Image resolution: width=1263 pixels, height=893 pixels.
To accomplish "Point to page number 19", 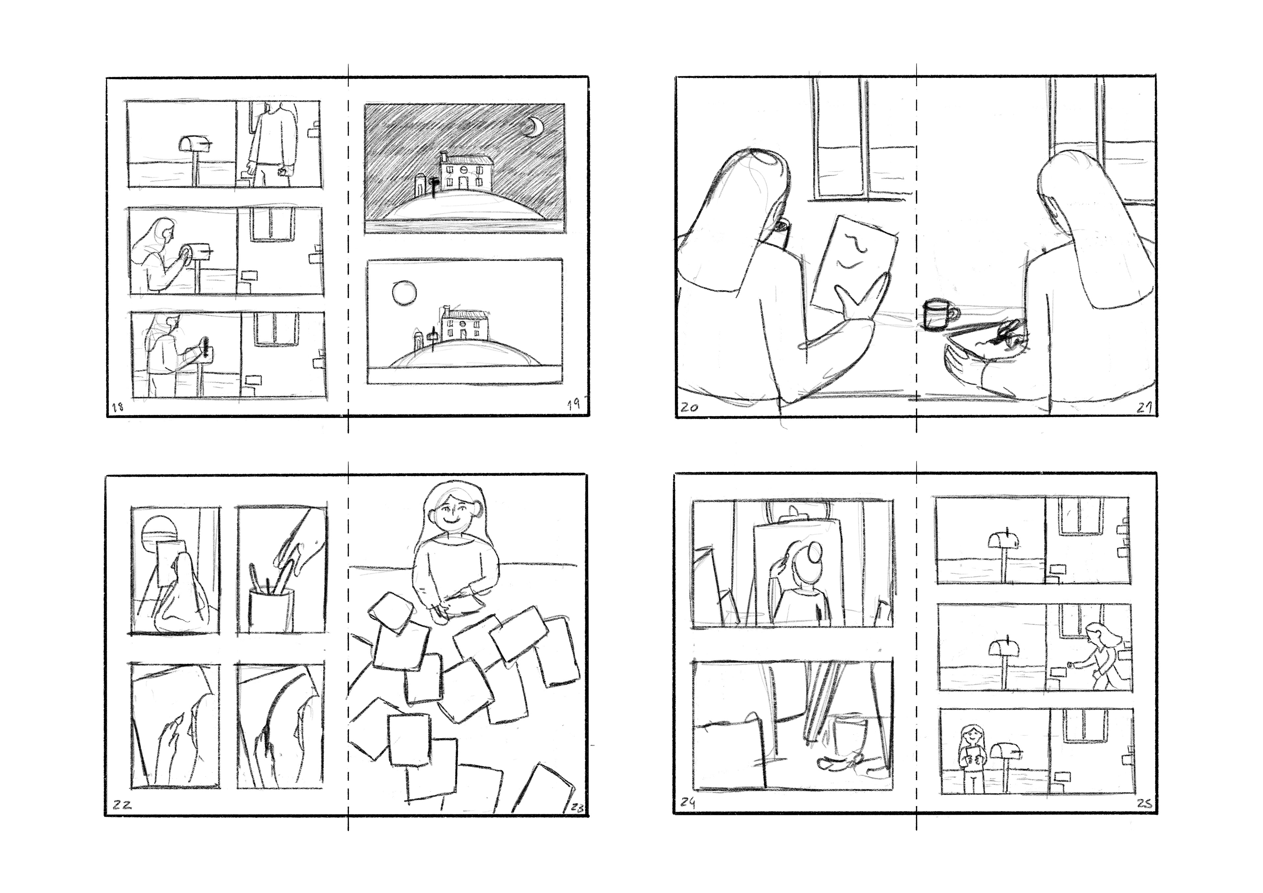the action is pyautogui.click(x=574, y=405).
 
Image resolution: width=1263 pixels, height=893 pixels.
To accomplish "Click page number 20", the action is pyautogui.click(x=689, y=408).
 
